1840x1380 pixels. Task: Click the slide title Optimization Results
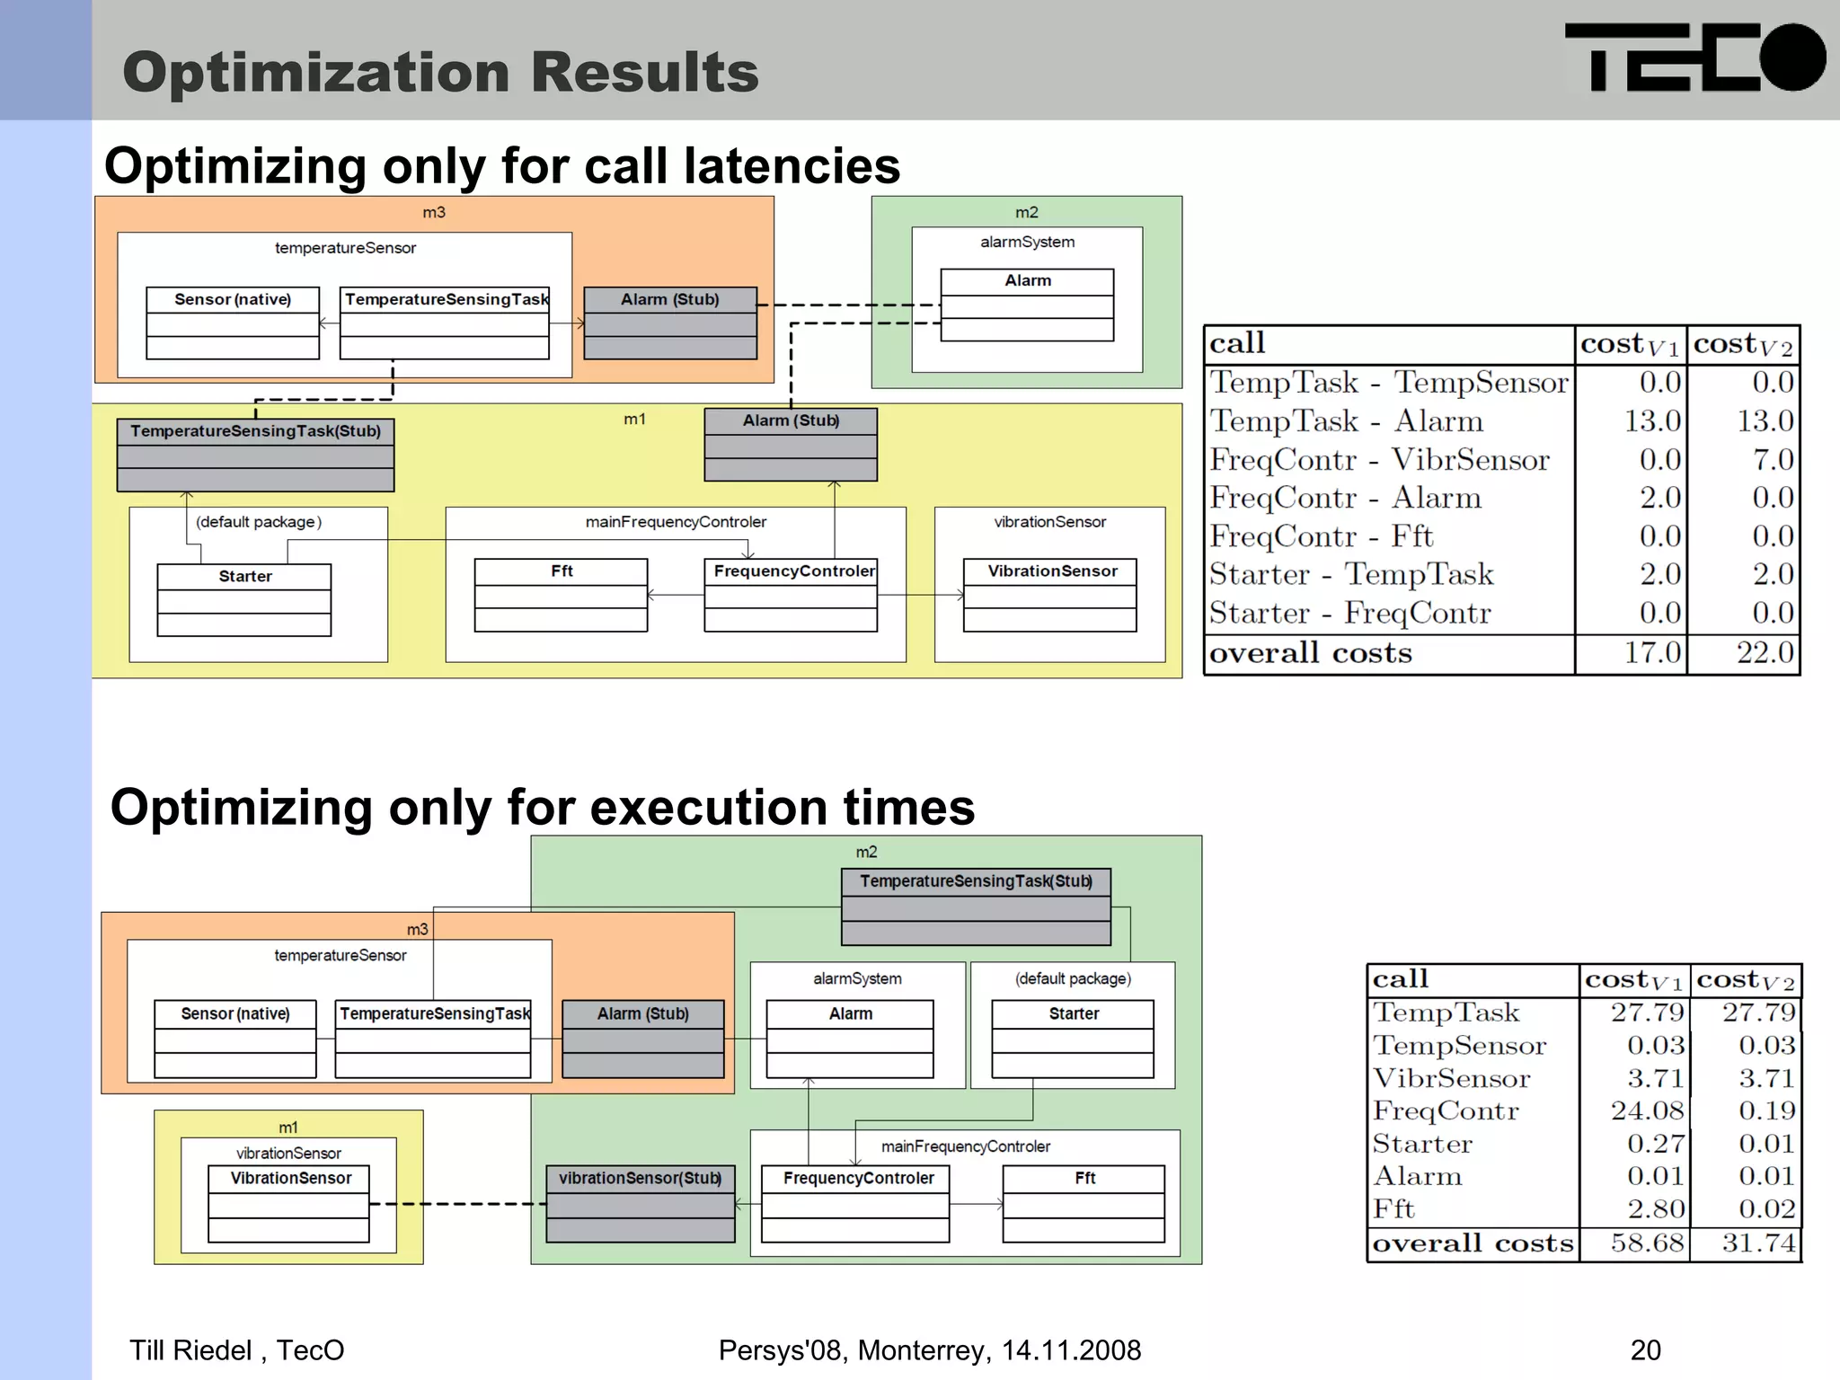pyautogui.click(x=440, y=72)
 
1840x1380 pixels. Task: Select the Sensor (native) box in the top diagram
pyautogui.click(x=233, y=323)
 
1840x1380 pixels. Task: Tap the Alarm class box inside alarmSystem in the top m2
pyautogui.click(x=1027, y=305)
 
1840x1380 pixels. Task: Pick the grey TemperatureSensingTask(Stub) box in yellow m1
pyautogui.click(x=255, y=455)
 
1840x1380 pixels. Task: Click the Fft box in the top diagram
pyautogui.click(x=561, y=595)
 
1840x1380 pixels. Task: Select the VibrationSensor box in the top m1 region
pyautogui.click(x=1049, y=595)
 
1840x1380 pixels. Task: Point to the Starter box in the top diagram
pyautogui.click(x=244, y=599)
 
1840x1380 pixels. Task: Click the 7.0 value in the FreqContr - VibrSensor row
pyautogui.click(x=1773, y=459)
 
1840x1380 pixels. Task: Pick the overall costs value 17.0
pyautogui.click(x=1651, y=652)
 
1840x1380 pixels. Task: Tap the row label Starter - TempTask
pyautogui.click(x=1350, y=574)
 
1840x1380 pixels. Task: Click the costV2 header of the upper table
pyautogui.click(x=1743, y=344)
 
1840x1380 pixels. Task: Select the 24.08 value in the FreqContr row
pyautogui.click(x=1647, y=1110)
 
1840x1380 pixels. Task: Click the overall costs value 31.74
pyautogui.click(x=1758, y=1243)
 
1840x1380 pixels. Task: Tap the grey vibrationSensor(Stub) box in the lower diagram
pyautogui.click(x=641, y=1204)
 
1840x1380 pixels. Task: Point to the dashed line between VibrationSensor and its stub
pyautogui.click(x=458, y=1204)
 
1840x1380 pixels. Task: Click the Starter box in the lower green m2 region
pyautogui.click(x=1073, y=1039)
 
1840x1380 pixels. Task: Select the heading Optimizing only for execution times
pyautogui.click(x=542, y=807)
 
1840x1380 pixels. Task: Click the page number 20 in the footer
pyautogui.click(x=1645, y=1349)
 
